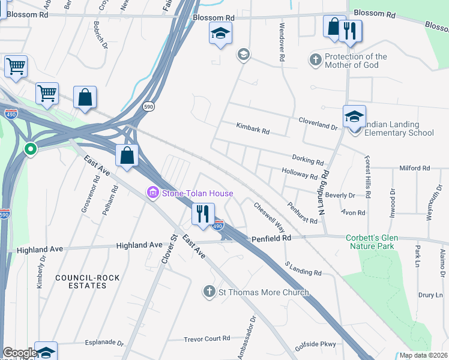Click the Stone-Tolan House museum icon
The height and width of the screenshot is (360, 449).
point(153,193)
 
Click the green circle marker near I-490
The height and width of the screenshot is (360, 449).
point(30,148)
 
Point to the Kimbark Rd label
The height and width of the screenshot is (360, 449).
point(253,131)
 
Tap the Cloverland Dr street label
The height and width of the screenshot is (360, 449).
point(319,124)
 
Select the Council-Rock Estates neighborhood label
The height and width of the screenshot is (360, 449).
point(81,281)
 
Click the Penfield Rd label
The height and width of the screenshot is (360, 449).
point(271,238)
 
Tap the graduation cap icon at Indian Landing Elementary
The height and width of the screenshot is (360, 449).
point(354,116)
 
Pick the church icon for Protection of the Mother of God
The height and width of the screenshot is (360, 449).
point(315,59)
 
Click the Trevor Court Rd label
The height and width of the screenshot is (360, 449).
point(207,338)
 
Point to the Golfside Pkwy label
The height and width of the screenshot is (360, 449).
point(315,345)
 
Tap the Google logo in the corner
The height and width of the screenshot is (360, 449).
point(20,353)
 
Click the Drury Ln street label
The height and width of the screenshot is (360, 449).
point(430,295)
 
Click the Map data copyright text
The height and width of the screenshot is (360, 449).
point(423,355)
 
